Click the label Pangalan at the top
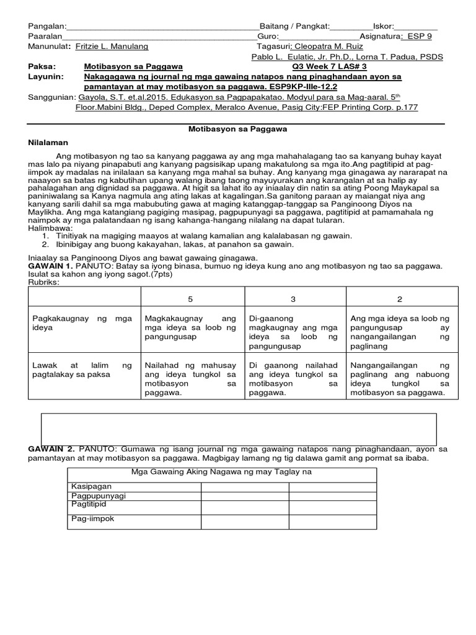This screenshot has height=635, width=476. point(46,26)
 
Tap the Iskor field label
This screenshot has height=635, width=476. point(382,26)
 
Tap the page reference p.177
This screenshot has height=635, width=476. point(405,107)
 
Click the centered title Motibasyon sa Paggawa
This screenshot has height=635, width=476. point(237,130)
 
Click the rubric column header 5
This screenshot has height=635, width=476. point(190,299)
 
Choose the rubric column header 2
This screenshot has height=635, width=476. point(400,299)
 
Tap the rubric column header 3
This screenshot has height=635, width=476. point(293,299)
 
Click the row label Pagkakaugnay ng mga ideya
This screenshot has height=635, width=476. point(82,323)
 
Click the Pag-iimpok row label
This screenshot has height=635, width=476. point(93,519)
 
